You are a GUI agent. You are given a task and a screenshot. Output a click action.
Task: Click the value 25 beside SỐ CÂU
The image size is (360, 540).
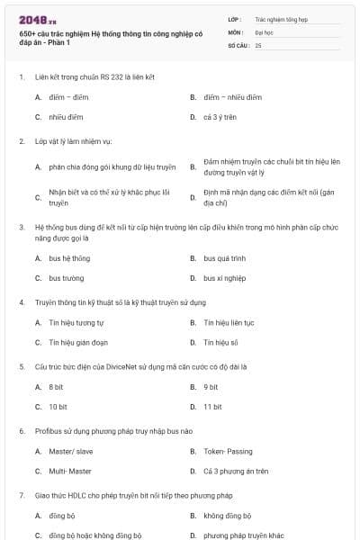click(258, 44)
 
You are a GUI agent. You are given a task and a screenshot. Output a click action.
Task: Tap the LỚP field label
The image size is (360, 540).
click(234, 18)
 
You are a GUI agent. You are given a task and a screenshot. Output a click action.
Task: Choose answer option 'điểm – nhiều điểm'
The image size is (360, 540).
click(231, 97)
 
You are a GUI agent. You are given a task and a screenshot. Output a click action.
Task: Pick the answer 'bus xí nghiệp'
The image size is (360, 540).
click(224, 278)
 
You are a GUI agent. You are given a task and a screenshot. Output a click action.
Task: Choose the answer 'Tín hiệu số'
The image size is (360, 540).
click(220, 342)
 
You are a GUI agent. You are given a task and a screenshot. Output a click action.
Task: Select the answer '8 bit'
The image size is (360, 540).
click(57, 387)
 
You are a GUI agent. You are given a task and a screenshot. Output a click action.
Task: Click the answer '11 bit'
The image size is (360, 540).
click(212, 407)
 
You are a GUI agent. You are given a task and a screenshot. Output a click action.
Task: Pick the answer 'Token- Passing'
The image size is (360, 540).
click(228, 451)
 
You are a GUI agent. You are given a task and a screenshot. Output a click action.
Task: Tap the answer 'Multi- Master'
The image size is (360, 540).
click(70, 471)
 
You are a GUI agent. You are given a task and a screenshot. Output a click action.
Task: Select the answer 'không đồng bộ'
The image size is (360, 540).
click(227, 516)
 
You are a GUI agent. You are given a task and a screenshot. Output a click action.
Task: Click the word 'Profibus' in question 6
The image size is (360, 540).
click(49, 431)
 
